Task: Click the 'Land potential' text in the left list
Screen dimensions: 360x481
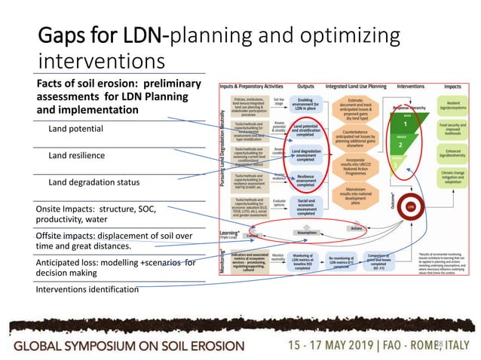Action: click(x=75, y=129)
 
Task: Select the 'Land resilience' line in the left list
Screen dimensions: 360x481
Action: click(x=76, y=155)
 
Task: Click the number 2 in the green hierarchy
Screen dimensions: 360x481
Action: click(x=400, y=144)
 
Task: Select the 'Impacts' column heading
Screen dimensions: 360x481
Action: click(x=452, y=87)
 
